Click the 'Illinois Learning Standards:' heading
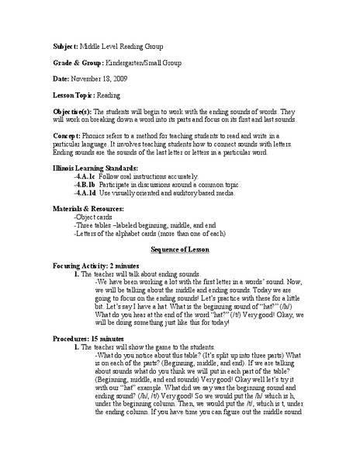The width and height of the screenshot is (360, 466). [x=94, y=167]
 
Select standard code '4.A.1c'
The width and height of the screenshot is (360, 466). [x=85, y=176]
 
